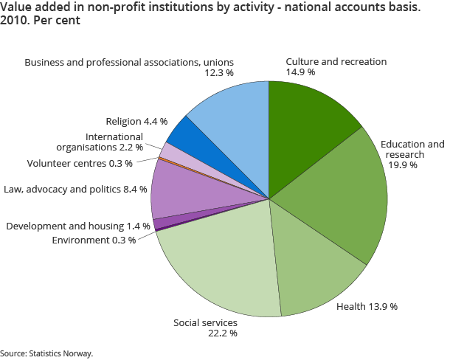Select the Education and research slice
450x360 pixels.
343,195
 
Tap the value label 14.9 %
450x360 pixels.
300,72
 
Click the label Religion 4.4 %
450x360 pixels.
136,121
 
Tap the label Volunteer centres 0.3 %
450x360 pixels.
80,163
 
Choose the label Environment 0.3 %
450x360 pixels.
94,240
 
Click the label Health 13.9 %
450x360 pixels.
367,306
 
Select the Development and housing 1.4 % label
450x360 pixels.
78,225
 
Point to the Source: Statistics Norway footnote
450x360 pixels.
47,353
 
